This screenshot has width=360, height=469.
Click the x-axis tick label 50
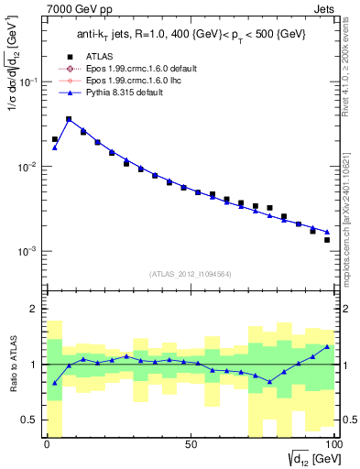190,445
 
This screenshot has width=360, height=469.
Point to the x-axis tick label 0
47,445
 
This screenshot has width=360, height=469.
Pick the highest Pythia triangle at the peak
69,119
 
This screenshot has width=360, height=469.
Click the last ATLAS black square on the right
327,240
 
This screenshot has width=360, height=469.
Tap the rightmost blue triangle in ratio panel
327,347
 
